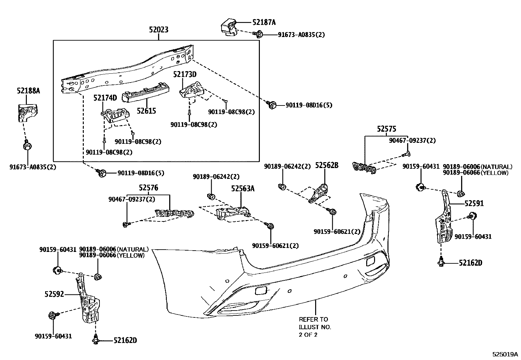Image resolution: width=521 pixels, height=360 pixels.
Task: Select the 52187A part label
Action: (264, 22)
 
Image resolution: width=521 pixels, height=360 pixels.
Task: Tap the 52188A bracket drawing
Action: (27, 112)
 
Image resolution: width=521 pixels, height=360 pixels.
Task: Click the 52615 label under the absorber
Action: (146, 111)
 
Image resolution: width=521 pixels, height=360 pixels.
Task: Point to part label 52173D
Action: (185, 75)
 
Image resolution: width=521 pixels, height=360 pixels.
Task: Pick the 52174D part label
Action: (105, 98)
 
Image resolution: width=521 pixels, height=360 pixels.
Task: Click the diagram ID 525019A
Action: (505, 354)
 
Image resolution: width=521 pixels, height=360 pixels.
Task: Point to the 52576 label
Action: (148, 188)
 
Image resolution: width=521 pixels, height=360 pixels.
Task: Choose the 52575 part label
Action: (386, 129)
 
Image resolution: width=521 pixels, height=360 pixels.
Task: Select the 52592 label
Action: (54, 294)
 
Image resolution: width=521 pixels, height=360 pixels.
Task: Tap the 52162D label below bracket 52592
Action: (125, 341)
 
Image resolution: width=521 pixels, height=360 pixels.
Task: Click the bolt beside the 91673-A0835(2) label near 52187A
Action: (258, 34)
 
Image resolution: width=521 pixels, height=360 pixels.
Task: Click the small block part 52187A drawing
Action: (229, 28)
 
